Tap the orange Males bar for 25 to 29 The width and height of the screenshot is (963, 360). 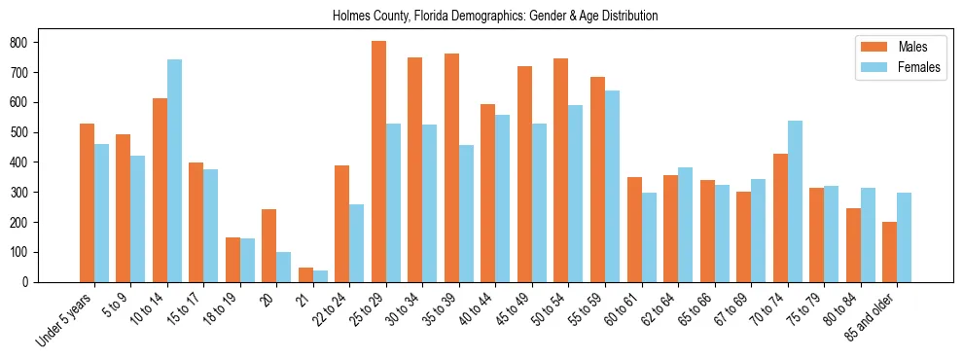pyautogui.click(x=378, y=162)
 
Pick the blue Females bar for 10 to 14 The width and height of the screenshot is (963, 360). pyautogui.click(x=174, y=171)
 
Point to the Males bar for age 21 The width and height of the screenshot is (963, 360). pyautogui.click(x=305, y=274)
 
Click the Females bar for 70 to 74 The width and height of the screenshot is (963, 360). pyautogui.click(x=795, y=201)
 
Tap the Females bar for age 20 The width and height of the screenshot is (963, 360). pyautogui.click(x=284, y=267)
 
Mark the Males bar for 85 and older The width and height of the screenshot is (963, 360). pyautogui.click(x=889, y=252)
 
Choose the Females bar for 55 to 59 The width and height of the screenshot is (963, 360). pyautogui.click(x=612, y=186)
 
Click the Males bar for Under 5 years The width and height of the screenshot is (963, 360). pyautogui.click(x=87, y=202)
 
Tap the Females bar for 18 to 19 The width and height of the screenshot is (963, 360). pyautogui.click(x=247, y=260)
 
